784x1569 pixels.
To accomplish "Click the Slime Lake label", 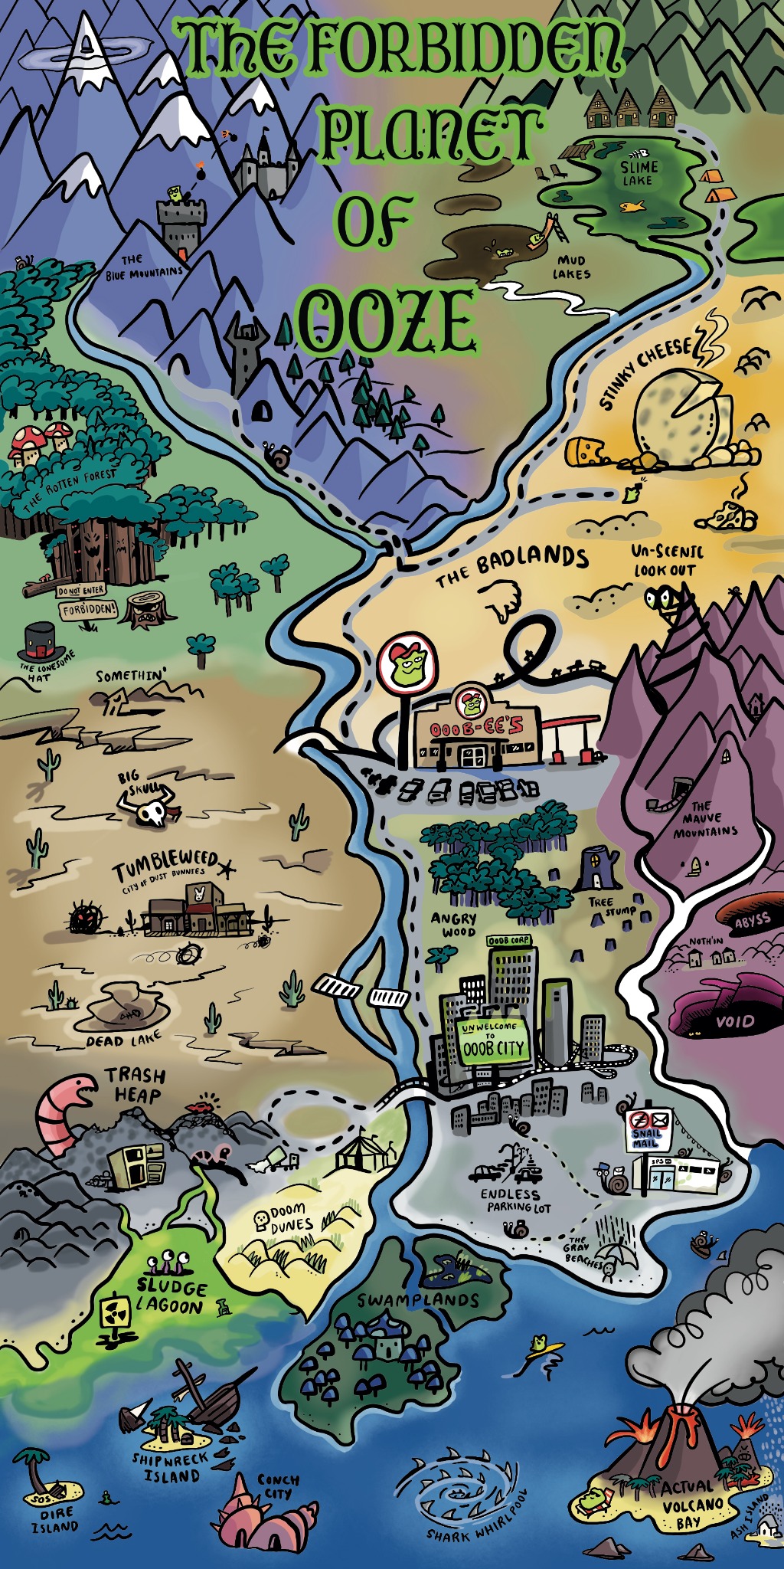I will pos(639,173).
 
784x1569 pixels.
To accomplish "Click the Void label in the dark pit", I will pos(735,1021).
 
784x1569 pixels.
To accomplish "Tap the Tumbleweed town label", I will pos(165,868).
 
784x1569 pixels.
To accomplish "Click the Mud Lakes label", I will pos(571,267).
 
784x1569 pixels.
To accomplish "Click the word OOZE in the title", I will pos(387,321).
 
